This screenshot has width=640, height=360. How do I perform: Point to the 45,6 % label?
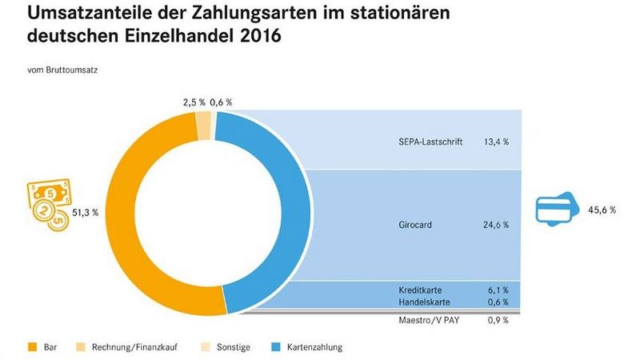coord(602,210)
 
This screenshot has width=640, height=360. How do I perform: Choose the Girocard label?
coord(415,226)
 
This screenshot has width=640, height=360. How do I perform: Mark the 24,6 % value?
coord(496,226)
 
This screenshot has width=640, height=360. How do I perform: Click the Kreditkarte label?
coord(420,289)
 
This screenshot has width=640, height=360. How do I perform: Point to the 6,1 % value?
coord(498,289)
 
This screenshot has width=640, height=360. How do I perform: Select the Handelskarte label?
coord(422,302)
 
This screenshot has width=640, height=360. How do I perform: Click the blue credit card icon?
coord(558,210)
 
